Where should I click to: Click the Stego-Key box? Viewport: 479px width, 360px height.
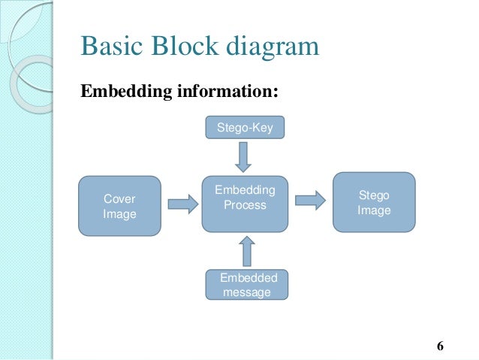246,129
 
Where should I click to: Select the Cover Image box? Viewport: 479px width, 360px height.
120,207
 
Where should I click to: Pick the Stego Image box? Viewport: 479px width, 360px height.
374,202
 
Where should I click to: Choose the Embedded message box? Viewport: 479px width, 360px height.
246,285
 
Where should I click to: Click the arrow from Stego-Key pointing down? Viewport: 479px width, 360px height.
246,156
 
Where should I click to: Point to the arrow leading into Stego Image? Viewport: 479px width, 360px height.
309,200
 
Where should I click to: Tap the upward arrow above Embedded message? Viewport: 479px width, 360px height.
246,251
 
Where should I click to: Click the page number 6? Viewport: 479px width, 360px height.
441,346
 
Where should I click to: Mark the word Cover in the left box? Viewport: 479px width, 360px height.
119,199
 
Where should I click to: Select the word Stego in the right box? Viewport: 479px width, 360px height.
374,195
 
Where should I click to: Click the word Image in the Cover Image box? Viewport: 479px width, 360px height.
119,214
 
